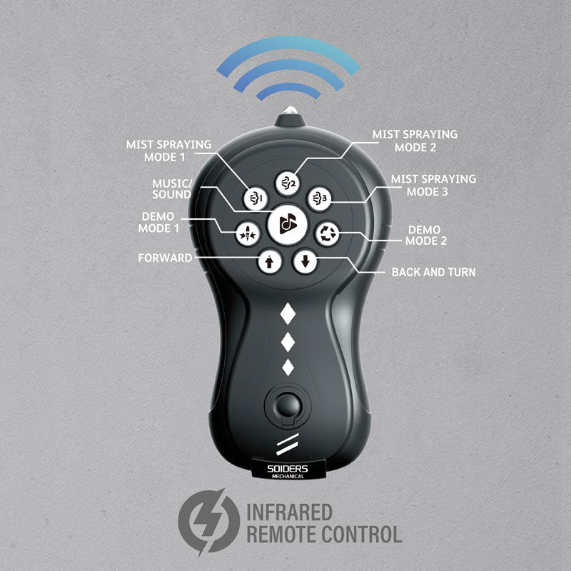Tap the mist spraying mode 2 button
click(x=288, y=183)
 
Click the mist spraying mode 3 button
click(x=319, y=199)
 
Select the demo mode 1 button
click(x=248, y=233)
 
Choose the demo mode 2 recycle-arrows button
click(x=327, y=233)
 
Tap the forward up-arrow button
click(x=270, y=261)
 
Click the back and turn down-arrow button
click(x=305, y=261)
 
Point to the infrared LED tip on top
click(x=290, y=111)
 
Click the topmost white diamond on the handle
click(x=288, y=313)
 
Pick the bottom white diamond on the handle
click(x=288, y=368)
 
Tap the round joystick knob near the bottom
click(x=288, y=405)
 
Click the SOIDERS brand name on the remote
click(x=288, y=469)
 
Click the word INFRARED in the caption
click(x=290, y=512)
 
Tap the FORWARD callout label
click(x=165, y=258)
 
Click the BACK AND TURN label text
click(x=433, y=272)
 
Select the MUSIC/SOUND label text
click(x=172, y=188)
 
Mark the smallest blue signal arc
click(x=288, y=91)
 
